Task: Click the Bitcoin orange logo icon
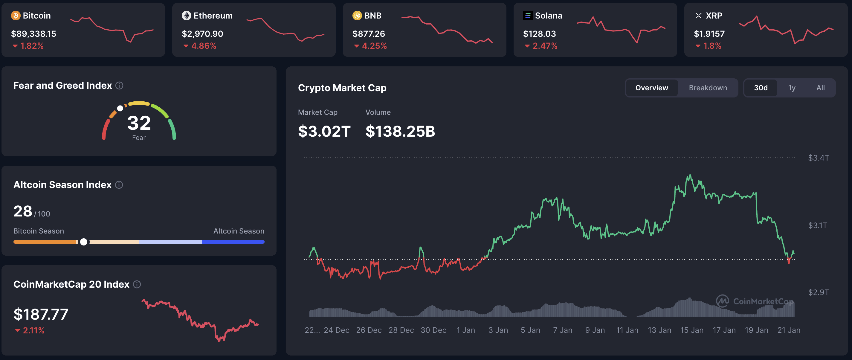point(16,16)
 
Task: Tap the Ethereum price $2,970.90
point(202,34)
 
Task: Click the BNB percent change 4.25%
point(374,46)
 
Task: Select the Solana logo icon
point(528,16)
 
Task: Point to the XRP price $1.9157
point(709,34)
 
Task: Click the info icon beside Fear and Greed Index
point(119,86)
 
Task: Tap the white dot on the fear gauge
point(120,108)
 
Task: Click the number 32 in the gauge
point(139,123)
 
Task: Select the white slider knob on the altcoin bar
point(84,242)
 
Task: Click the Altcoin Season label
point(239,231)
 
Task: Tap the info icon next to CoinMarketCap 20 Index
point(137,284)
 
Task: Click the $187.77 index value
point(41,314)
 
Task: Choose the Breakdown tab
point(708,88)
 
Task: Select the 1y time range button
point(792,88)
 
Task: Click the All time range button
point(820,88)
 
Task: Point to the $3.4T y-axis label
point(818,158)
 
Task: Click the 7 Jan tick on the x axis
point(562,330)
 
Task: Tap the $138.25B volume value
point(400,131)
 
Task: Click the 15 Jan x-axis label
point(691,330)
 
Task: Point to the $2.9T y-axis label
point(818,292)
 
